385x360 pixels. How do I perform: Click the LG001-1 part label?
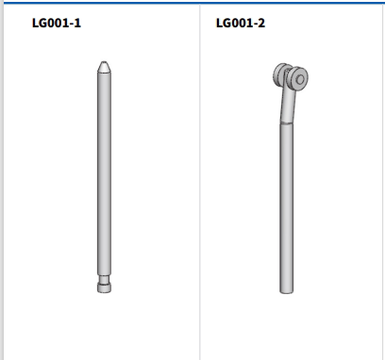tap(57, 23)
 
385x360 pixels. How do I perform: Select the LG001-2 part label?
tap(241, 23)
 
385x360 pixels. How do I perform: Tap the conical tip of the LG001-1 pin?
tap(104, 67)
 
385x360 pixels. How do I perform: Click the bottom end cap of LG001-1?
tap(104, 287)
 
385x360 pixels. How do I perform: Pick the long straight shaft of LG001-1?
tap(104, 173)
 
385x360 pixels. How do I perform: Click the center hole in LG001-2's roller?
tap(300, 79)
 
